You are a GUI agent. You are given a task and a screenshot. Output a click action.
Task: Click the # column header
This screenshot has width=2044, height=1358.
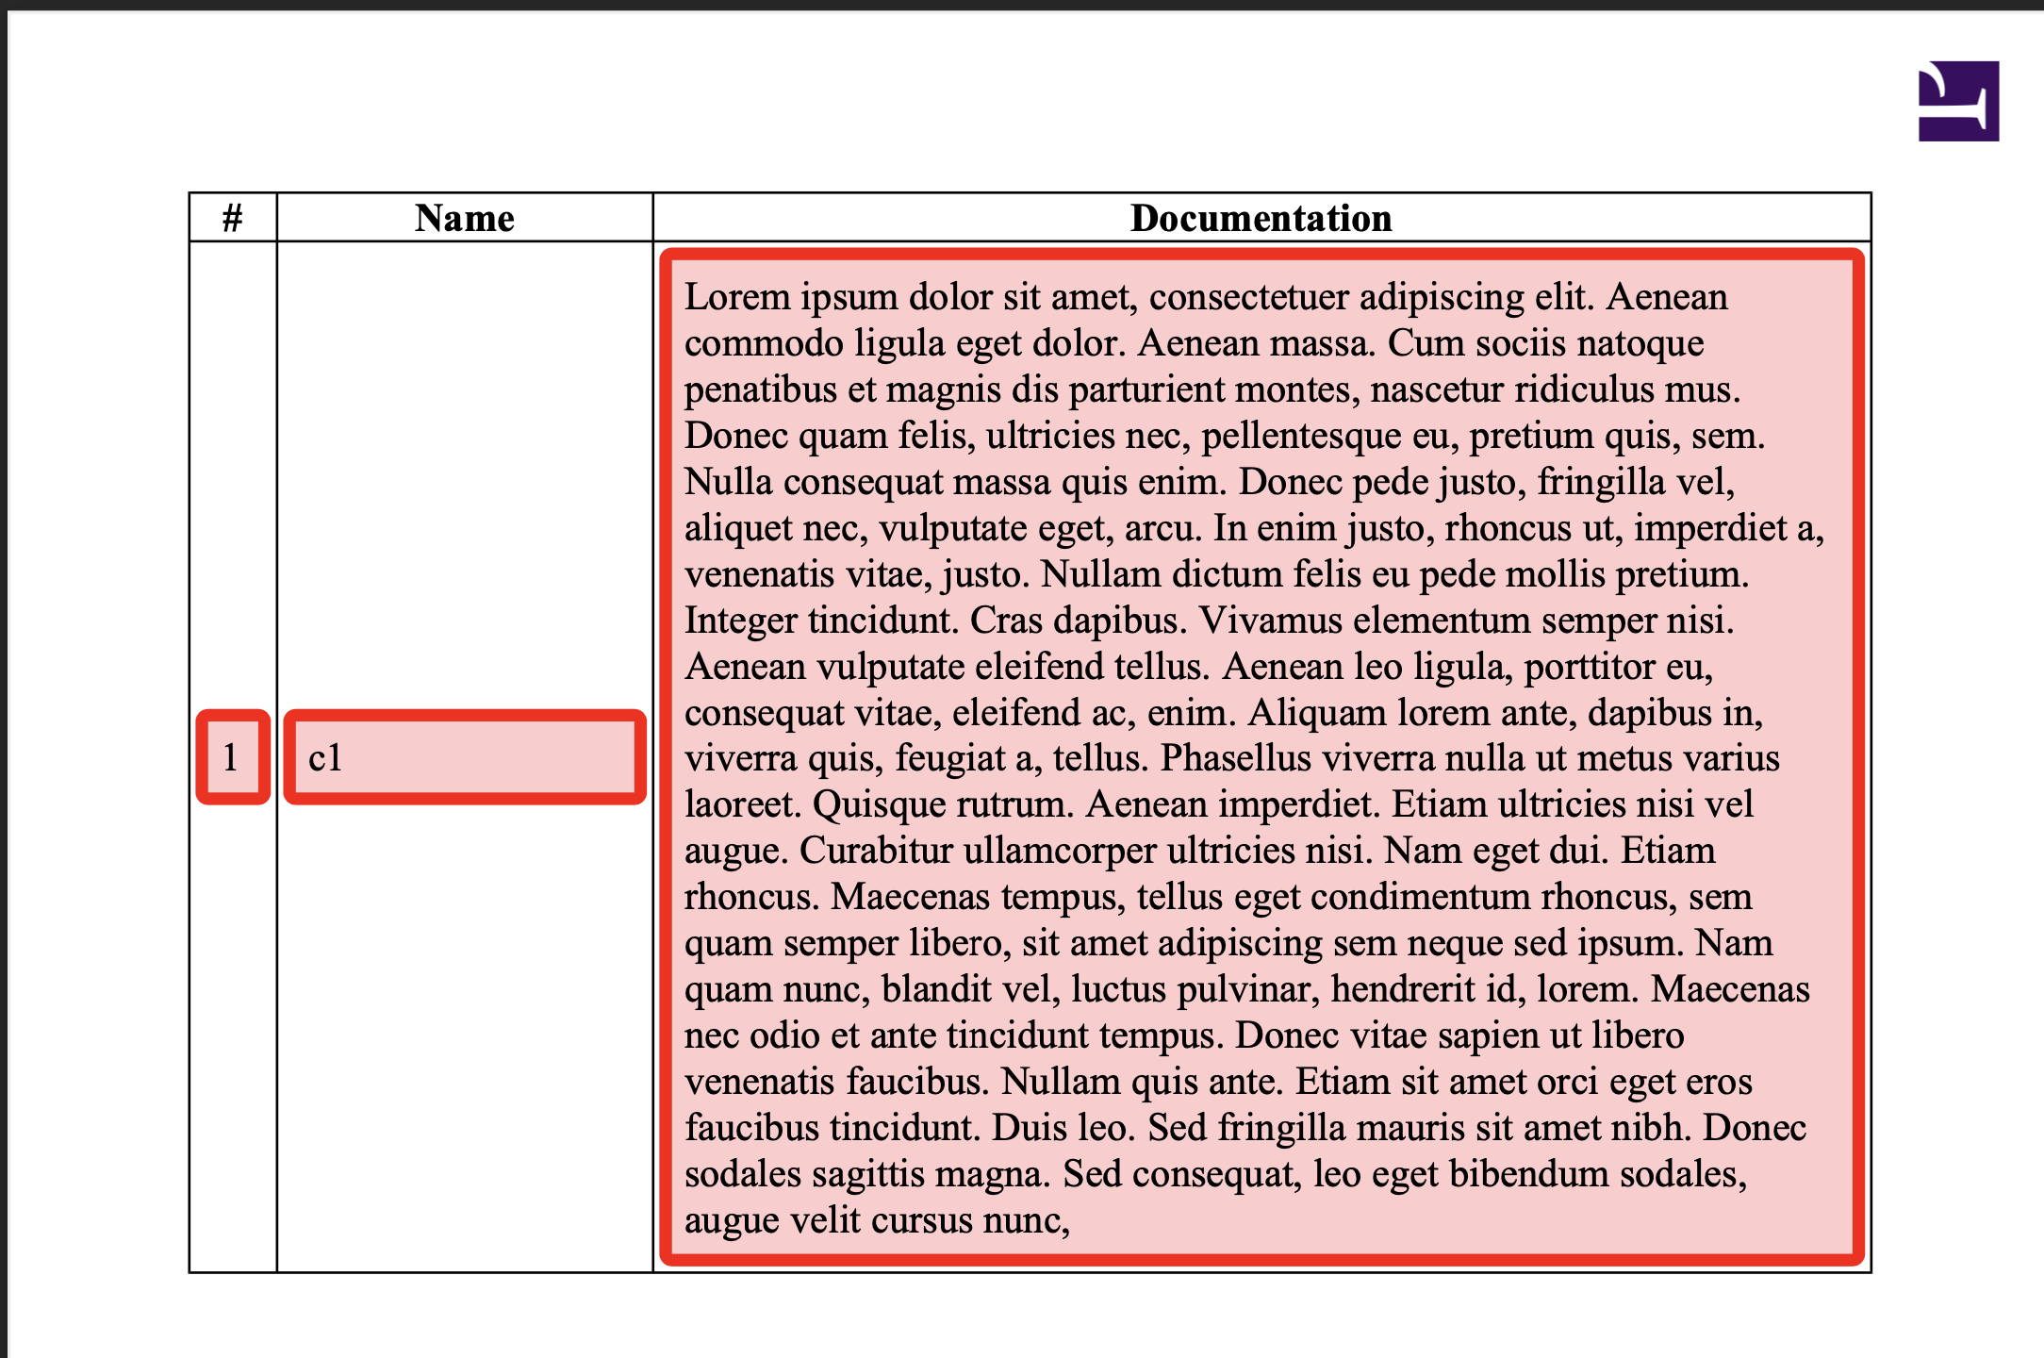pyautogui.click(x=232, y=219)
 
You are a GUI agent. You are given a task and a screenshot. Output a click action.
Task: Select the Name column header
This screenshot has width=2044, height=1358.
pyautogui.click(x=465, y=219)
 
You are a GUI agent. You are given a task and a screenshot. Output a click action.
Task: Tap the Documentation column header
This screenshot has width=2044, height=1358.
pyautogui.click(x=1261, y=219)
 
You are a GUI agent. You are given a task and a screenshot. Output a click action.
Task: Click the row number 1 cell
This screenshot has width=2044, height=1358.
pyautogui.click(x=232, y=757)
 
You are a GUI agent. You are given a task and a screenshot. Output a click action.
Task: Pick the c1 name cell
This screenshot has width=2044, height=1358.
pyautogui.click(x=465, y=757)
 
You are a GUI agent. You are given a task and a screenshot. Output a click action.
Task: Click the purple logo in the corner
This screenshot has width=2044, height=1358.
pyautogui.click(x=1958, y=101)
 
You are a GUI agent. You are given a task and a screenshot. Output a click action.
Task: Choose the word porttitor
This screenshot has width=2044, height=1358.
pyautogui.click(x=1590, y=667)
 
